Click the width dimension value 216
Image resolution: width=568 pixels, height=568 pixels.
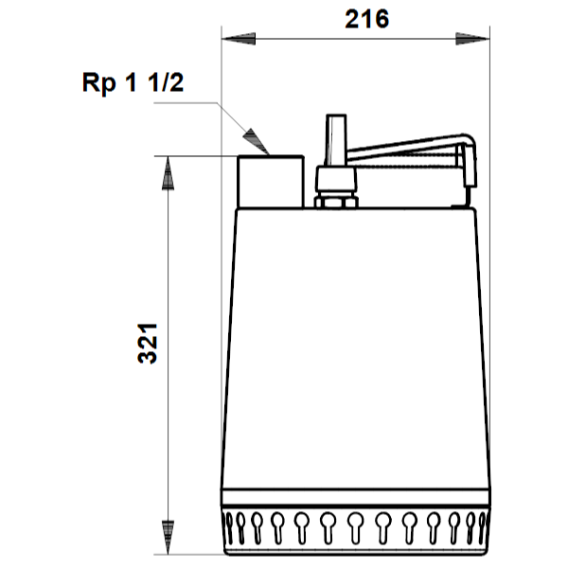click(x=367, y=19)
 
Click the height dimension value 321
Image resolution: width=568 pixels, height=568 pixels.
click(x=148, y=344)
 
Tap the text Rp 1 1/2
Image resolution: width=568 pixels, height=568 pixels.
click(x=133, y=82)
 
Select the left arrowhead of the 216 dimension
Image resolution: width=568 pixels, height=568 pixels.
click(x=239, y=39)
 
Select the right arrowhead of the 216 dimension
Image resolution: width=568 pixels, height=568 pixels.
click(x=472, y=39)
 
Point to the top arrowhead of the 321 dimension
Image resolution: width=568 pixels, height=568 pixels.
click(x=168, y=173)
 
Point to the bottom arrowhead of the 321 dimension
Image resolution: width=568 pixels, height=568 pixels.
click(x=168, y=538)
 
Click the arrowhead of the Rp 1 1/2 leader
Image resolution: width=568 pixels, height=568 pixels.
click(x=257, y=142)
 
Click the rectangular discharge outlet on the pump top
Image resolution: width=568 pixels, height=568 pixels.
click(x=271, y=182)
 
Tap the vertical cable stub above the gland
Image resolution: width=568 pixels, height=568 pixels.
click(x=336, y=140)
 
